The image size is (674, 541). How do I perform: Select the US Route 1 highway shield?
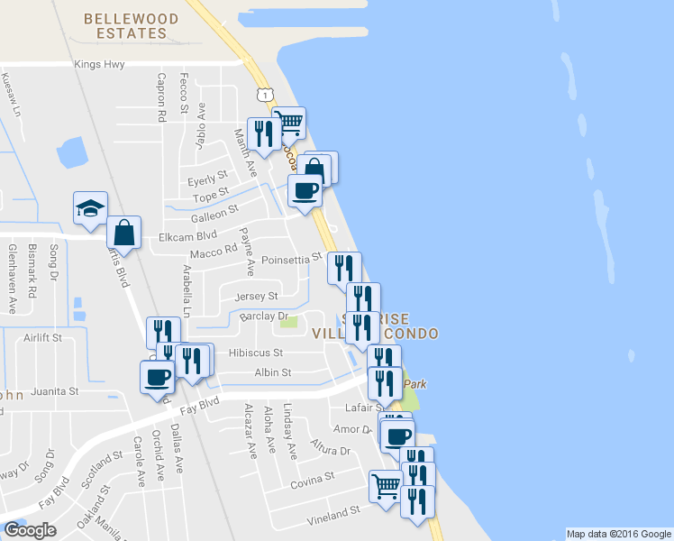[x=264, y=95]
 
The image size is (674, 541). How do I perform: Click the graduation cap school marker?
[x=90, y=208]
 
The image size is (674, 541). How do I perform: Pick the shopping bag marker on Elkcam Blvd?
[x=123, y=232]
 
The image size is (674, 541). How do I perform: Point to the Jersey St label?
[x=256, y=296]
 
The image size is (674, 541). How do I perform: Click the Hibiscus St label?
[x=256, y=353]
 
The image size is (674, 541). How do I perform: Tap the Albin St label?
[x=273, y=371]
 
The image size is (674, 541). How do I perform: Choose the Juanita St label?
[x=55, y=392]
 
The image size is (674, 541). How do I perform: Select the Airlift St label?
[x=42, y=338]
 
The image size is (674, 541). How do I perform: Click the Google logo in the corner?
[x=30, y=530]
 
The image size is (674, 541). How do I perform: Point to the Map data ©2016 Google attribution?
[x=617, y=534]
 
